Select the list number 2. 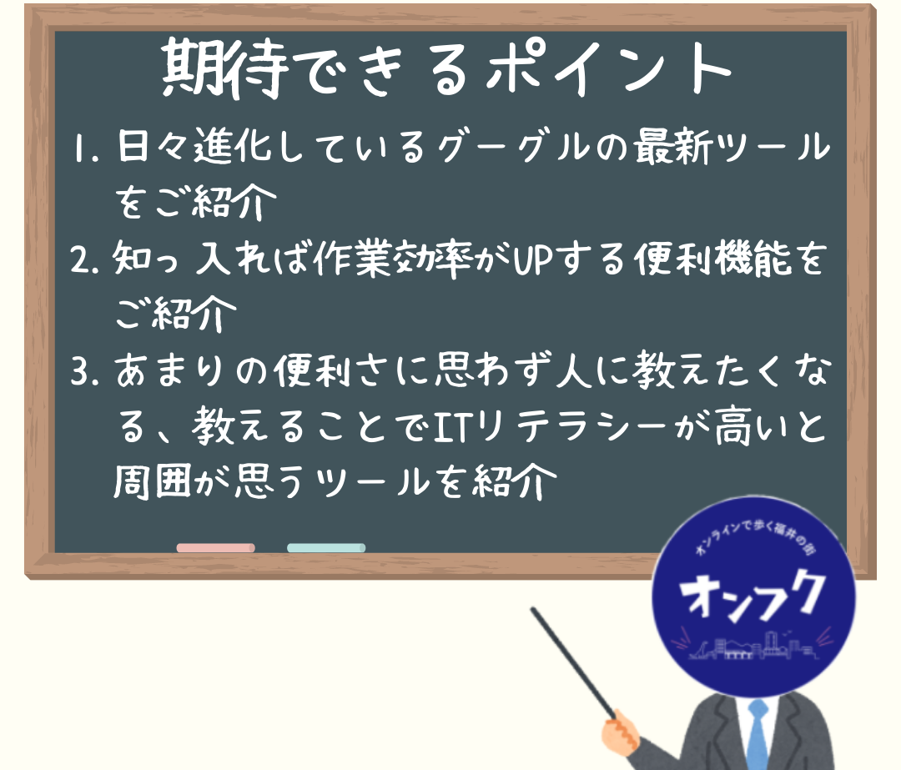tap(86, 259)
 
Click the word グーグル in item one tap(513, 147)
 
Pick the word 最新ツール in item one tap(732, 147)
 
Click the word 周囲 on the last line tap(152, 481)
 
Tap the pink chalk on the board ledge tap(215, 547)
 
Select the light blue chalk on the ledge tap(326, 547)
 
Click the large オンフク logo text tap(752, 595)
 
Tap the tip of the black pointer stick tap(533, 610)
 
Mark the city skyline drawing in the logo tap(752, 647)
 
